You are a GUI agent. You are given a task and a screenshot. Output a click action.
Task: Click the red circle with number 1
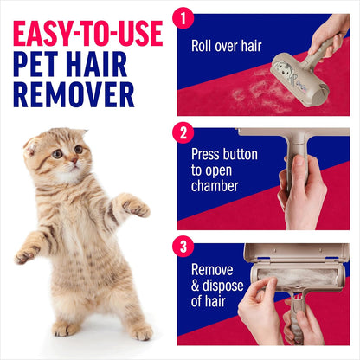pos(182,19)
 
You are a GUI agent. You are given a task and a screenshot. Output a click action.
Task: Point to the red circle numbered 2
pos(182,134)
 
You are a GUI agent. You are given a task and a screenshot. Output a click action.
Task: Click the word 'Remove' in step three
pos(212,269)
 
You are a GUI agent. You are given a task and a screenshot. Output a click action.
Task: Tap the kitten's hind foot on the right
pos(142,332)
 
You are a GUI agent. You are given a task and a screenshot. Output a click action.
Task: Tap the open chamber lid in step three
pos(295,253)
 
